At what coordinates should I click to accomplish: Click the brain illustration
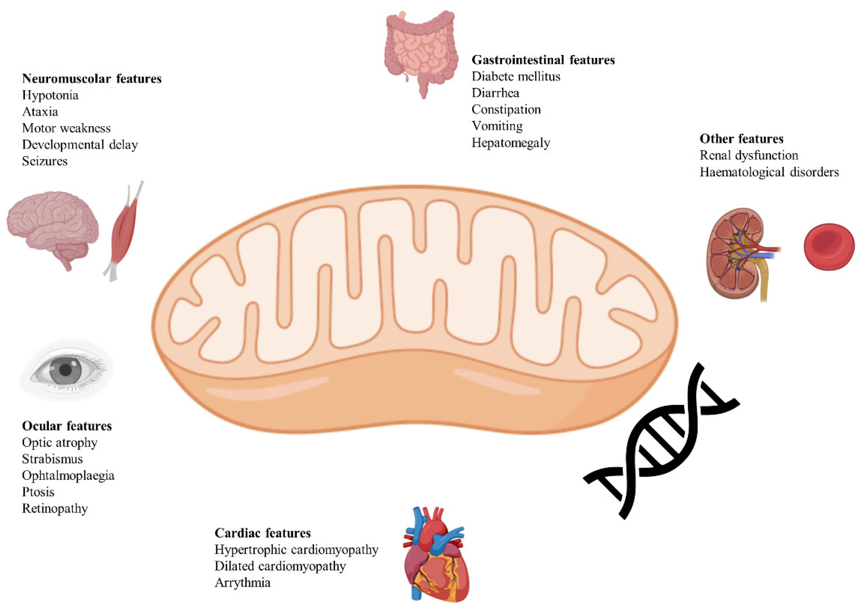coord(53,225)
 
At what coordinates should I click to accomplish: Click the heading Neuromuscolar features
coord(92,79)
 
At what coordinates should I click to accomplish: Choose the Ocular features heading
coord(67,426)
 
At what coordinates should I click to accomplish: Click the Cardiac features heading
coord(263,533)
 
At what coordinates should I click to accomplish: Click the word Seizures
coord(45,161)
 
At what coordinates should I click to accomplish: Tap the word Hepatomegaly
coord(511,143)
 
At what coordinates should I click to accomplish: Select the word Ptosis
coord(38,492)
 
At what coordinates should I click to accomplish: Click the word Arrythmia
coord(242,583)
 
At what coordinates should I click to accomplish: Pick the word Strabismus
coord(52,459)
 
